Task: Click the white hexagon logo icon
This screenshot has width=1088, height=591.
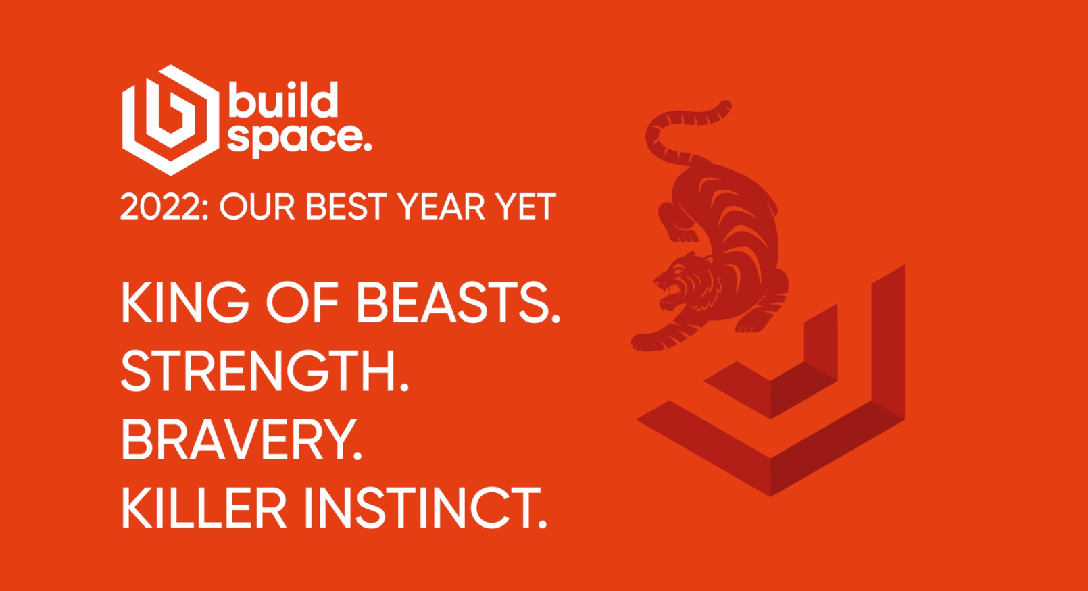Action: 170,120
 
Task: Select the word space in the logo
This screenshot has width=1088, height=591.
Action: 295,138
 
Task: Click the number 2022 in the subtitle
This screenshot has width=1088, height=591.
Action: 160,207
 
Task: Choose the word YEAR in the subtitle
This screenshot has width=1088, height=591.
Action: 441,207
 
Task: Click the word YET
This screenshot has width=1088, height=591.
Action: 525,207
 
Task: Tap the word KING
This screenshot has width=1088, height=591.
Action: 184,302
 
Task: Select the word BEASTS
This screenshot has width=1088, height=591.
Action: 458,302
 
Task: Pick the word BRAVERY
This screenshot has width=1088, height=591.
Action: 241,440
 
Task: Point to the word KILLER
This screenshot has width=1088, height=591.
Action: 203,508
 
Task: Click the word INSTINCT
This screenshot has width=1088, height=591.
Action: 424,508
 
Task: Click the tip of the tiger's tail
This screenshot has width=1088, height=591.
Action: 726,106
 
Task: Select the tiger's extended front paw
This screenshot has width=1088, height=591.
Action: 642,342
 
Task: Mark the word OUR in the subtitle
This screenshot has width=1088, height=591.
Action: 257,207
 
